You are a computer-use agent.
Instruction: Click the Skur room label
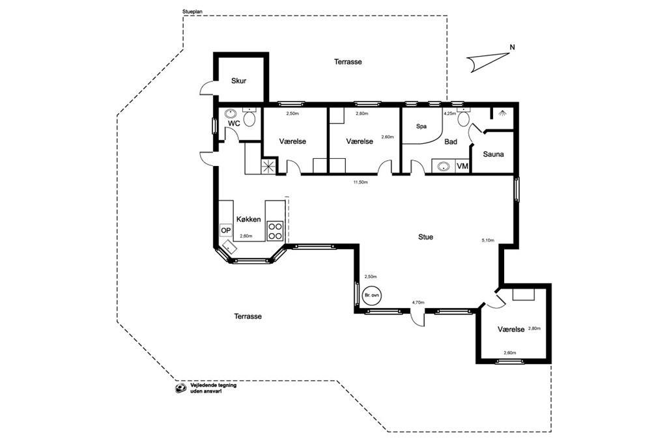tap(238, 81)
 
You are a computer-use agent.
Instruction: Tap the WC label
tap(234, 123)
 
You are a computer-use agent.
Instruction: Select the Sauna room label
tap(494, 154)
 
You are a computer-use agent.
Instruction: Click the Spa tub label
tap(421, 126)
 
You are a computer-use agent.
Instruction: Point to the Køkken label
tap(248, 219)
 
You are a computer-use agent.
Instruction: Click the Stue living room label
tap(425, 237)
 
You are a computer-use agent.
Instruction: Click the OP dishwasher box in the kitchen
tap(226, 230)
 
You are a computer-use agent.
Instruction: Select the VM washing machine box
tap(462, 166)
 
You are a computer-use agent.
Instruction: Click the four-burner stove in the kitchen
tap(276, 231)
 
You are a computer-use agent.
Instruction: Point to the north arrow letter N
tap(512, 48)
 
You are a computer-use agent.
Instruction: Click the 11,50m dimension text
tap(360, 182)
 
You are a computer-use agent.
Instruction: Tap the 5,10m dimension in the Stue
tap(488, 240)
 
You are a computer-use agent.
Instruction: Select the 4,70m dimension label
tap(418, 302)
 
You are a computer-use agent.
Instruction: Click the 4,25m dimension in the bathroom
tap(449, 114)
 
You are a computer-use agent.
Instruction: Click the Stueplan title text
tap(192, 12)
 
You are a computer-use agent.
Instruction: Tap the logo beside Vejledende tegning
tap(181, 388)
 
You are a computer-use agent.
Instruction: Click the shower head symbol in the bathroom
tap(503, 113)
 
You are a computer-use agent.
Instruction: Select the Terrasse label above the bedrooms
tap(348, 62)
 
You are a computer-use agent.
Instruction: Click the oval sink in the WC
tap(231, 114)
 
